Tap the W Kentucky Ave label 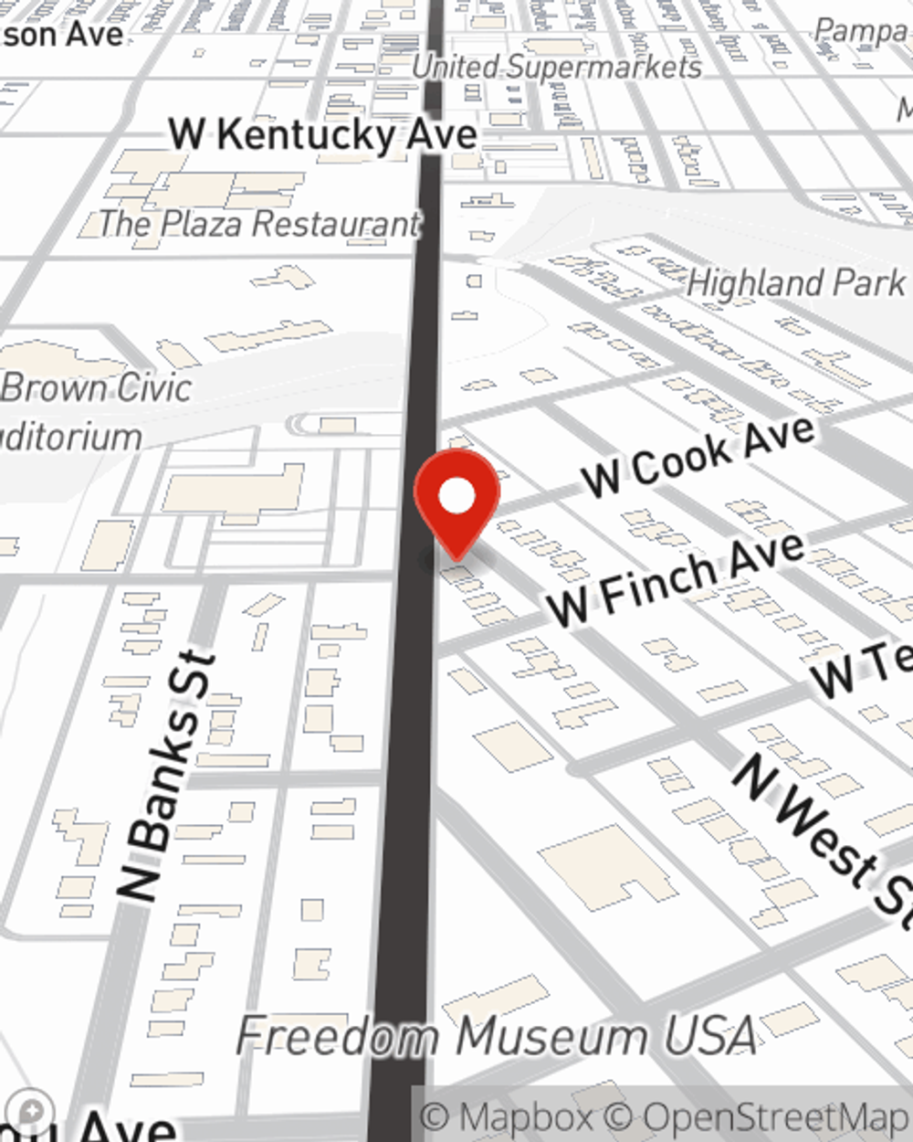pyautogui.click(x=323, y=135)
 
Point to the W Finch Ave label pyautogui.click(x=677, y=579)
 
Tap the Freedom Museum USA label pyautogui.click(x=498, y=1036)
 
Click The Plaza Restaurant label pyautogui.click(x=258, y=224)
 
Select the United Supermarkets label pyautogui.click(x=556, y=67)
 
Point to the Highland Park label pyautogui.click(x=795, y=283)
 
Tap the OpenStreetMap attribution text pyautogui.click(x=775, y=1117)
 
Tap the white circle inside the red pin pyautogui.click(x=457, y=497)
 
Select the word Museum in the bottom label pyautogui.click(x=551, y=1036)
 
